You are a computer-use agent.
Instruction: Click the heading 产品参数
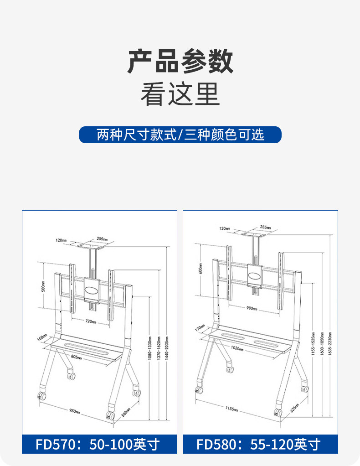[x=180, y=62]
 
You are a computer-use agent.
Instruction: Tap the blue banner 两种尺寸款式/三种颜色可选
[x=180, y=135]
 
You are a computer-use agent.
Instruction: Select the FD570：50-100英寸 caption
[x=99, y=444]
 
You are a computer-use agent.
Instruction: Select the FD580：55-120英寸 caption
[x=260, y=444]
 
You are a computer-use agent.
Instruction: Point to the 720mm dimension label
[x=90, y=322]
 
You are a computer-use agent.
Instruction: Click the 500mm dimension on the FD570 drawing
[x=44, y=286]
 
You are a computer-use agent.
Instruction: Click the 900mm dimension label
[x=252, y=308]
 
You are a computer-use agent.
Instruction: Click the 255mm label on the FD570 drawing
[x=102, y=238]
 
